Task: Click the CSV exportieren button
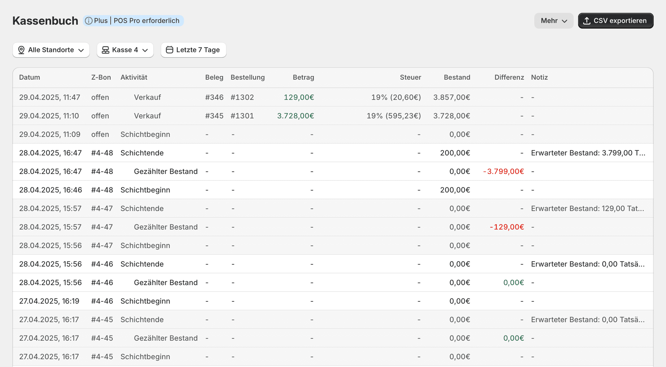click(616, 21)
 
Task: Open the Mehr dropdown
click(554, 21)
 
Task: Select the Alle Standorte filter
click(51, 50)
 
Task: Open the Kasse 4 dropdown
click(125, 50)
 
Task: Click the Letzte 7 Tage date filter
click(193, 50)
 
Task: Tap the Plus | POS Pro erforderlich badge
click(133, 21)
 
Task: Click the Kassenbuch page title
click(45, 21)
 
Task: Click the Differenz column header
click(509, 77)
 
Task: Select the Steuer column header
click(410, 77)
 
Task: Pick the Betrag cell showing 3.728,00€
click(296, 116)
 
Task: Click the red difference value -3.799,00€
click(503, 172)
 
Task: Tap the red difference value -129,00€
click(507, 227)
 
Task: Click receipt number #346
click(214, 98)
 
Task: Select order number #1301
click(242, 116)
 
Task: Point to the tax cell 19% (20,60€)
click(396, 98)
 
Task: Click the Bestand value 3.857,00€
click(452, 98)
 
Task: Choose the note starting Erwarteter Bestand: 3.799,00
click(588, 153)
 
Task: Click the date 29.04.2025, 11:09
click(50, 135)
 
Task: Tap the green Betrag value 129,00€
click(299, 98)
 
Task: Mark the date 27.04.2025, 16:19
click(49, 301)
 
